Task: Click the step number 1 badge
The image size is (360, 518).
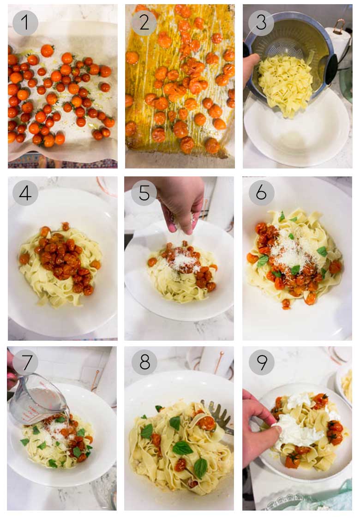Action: tap(25, 23)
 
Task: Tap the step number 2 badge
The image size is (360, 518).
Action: tap(144, 23)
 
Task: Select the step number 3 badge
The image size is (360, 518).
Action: tap(261, 23)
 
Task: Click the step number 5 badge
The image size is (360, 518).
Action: tap(144, 193)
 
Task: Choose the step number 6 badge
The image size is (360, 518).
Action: tap(261, 193)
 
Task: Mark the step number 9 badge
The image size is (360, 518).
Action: tap(261, 362)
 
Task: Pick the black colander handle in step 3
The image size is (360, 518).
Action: tap(330, 69)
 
